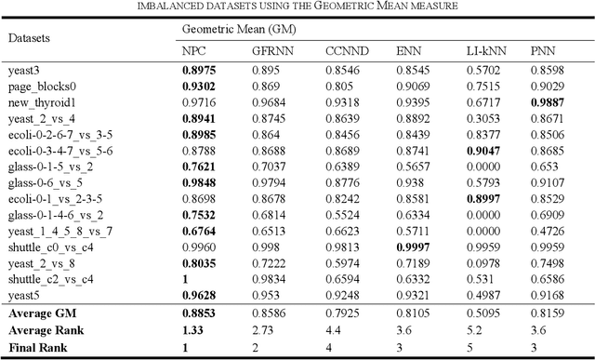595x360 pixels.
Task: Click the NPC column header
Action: point(192,50)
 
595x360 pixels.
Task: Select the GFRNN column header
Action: point(271,50)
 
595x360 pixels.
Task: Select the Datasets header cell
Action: point(31,40)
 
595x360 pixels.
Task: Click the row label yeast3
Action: point(24,70)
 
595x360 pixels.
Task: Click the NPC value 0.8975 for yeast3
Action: point(199,70)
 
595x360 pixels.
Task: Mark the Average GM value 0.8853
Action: point(199,313)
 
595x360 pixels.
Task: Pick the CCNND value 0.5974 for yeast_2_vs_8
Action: point(340,263)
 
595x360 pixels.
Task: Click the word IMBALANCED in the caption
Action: point(172,6)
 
